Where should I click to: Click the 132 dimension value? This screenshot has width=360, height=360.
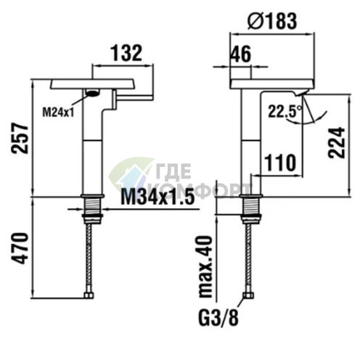point(126,53)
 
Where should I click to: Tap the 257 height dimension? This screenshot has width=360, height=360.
point(20,138)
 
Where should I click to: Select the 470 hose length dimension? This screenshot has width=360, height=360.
point(20,248)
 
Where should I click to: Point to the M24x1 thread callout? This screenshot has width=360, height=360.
point(58,112)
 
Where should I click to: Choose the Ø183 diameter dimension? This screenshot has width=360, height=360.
point(272,21)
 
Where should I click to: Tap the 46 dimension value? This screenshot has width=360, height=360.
point(241,54)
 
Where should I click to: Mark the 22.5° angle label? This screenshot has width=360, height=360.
point(285,112)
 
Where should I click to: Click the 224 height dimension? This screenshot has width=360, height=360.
point(336,143)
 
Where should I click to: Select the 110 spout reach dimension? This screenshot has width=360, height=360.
point(280,163)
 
